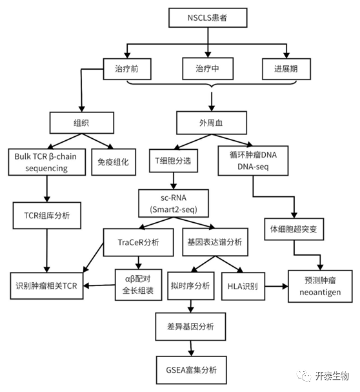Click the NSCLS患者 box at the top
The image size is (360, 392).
pos(208,17)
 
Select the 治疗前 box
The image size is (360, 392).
pos(127,69)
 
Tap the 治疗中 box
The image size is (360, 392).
pos(208,68)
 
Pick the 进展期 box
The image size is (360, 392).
pos(286,69)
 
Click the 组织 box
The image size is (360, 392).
pos(82,123)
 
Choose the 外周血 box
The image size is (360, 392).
pos(212,123)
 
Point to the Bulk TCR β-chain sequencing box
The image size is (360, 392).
pos(47,162)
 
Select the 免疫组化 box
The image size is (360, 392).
pos(114,162)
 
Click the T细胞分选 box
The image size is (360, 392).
pos(174,161)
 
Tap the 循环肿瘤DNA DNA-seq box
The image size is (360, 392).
pos(253,161)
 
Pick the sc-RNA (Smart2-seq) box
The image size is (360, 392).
pos(174,203)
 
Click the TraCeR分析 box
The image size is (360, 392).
pos(139,242)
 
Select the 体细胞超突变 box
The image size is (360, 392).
pos(294,229)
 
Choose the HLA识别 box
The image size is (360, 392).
pos(243,286)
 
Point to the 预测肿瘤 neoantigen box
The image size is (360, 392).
pos(320,286)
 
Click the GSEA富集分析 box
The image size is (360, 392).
pos(192,370)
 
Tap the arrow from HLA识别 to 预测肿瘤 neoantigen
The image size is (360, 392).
pos(277,286)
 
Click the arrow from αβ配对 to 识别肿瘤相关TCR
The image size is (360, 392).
pos(99,285)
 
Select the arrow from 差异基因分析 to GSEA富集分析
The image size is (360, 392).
pos(191,348)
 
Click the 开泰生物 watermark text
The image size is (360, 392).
pos(332,376)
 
